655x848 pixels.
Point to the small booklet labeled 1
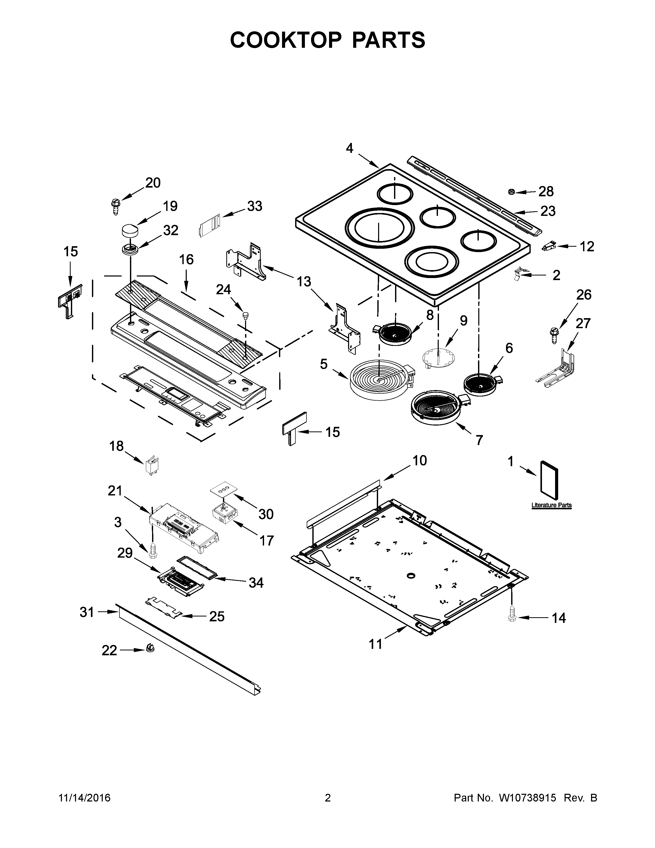pyautogui.click(x=550, y=480)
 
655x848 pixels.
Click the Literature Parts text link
pyautogui.click(x=551, y=505)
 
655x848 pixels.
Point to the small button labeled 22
pyautogui.click(x=150, y=647)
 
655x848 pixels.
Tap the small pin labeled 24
pyautogui.click(x=245, y=316)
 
